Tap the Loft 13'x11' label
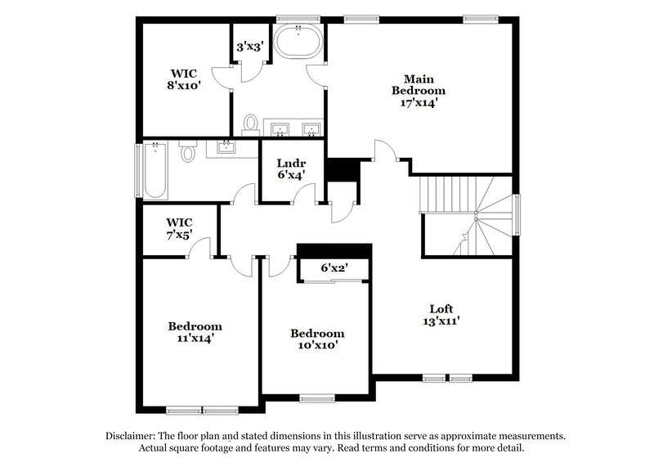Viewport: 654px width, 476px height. click(441, 315)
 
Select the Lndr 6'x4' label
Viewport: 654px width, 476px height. click(291, 168)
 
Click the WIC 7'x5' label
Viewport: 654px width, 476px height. click(179, 228)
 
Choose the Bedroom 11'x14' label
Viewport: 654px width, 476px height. click(195, 331)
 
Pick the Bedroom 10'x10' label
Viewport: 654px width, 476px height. click(318, 339)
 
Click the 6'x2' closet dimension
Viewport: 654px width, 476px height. click(334, 267)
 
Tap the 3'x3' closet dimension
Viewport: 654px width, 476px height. click(249, 47)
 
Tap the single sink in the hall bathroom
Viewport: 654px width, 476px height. click(225, 148)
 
